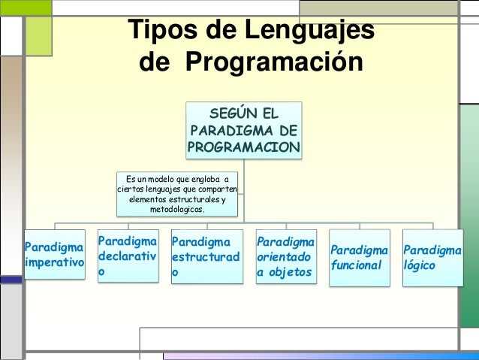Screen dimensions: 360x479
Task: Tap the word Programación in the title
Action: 273,63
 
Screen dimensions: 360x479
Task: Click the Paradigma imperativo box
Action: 54,255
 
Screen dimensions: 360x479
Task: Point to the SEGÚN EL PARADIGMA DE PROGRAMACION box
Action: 244,130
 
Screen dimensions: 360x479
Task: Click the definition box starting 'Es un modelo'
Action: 177,194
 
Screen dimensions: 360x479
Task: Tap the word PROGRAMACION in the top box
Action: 244,147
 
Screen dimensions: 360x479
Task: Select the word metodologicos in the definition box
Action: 177,210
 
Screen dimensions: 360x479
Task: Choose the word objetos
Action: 291,272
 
